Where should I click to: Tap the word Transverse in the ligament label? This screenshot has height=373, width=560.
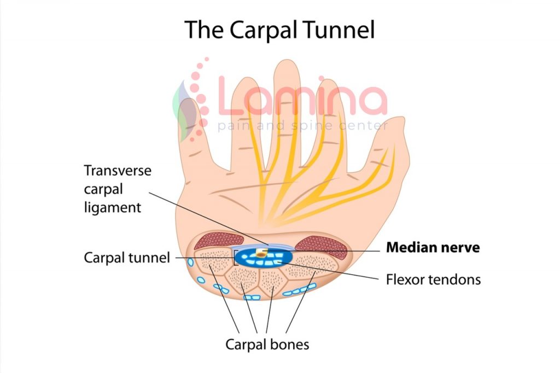click(118, 171)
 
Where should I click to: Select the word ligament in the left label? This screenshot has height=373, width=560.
click(112, 208)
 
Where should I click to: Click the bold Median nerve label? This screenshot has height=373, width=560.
click(433, 248)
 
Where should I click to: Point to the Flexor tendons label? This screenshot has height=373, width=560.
click(433, 279)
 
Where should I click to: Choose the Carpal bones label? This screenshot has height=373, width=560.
click(267, 345)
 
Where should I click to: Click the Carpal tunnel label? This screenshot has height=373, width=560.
click(127, 257)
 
